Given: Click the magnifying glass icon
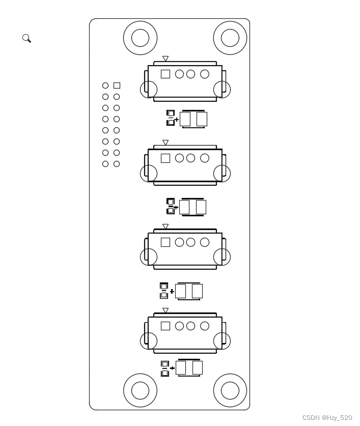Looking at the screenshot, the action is click(26, 38).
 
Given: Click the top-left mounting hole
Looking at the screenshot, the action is click(140, 38).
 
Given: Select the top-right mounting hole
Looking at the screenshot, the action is click(230, 38).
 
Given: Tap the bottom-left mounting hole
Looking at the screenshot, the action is click(140, 390).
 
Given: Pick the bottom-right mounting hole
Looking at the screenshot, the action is click(230, 390).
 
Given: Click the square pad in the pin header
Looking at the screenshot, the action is click(117, 86).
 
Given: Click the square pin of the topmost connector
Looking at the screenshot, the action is click(165, 74).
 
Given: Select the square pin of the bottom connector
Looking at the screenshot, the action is click(165, 326).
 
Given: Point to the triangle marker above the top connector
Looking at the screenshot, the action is click(165, 59).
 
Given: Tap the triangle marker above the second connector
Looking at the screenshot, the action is click(165, 143).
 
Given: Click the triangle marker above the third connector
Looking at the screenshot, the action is click(165, 226).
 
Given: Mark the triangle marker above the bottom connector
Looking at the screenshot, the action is click(165, 310).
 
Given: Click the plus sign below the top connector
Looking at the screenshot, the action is click(177, 120).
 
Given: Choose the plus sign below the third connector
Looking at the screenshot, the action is click(172, 292).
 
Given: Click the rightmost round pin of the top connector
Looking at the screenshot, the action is click(205, 74).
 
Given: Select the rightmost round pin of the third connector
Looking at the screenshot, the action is click(205, 242).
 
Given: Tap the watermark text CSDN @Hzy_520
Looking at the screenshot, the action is click(327, 418).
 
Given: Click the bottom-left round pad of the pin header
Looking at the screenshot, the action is click(105, 164).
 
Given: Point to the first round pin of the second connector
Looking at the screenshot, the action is click(179, 158).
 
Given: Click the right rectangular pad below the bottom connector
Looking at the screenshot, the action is click(198, 367).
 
